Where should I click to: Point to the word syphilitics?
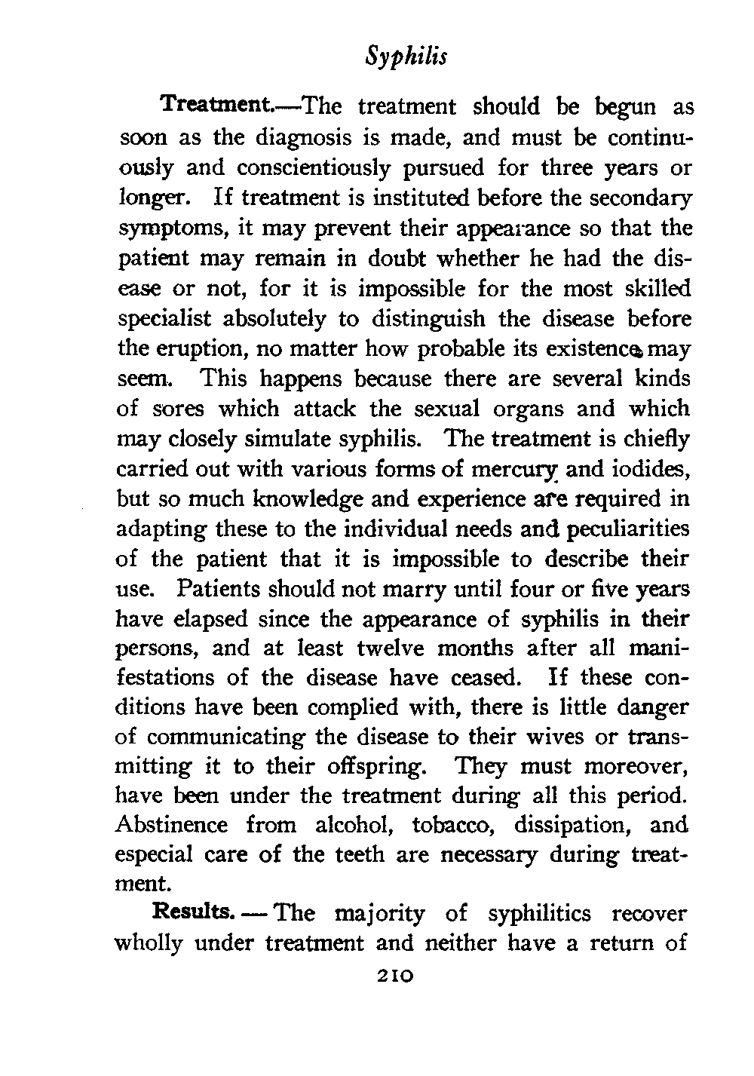(541, 915)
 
